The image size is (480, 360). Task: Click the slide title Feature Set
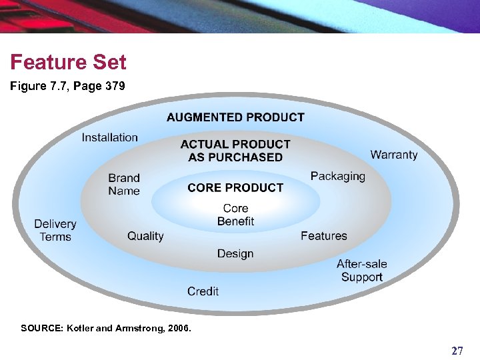[68, 63]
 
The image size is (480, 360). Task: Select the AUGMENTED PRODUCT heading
[235, 117]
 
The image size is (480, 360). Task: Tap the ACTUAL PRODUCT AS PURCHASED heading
[235, 151]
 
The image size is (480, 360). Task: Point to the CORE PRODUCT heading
[235, 188]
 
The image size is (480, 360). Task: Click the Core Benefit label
[235, 215]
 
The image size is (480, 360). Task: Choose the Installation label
[110, 137]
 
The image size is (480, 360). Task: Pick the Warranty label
[394, 155]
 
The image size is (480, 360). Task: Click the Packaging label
[338, 176]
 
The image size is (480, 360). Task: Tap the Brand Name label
[124, 184]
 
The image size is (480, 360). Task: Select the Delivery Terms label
[55, 230]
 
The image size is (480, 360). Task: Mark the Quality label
[145, 236]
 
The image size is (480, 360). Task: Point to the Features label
[324, 236]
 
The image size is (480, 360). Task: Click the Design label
[235, 253]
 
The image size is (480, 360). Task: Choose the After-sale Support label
[361, 271]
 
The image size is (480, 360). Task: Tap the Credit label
[203, 291]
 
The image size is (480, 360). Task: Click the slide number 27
[457, 351]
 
